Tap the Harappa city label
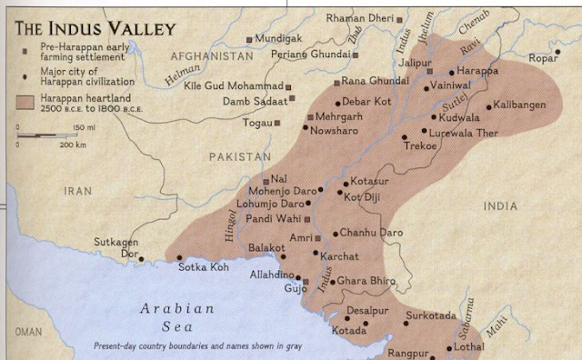coord(478,70)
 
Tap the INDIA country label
coord(500,206)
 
